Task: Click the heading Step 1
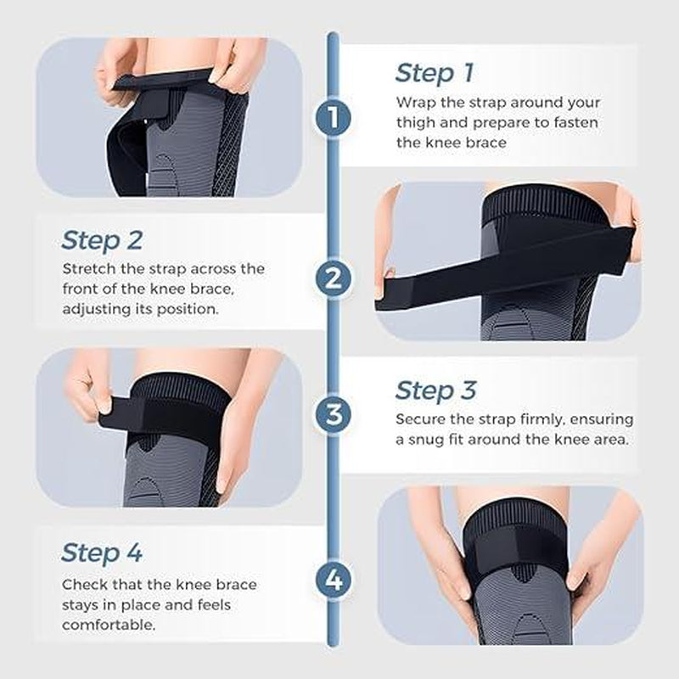[435, 73]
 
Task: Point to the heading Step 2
[102, 240]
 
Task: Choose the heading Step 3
[436, 390]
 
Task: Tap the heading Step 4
[102, 553]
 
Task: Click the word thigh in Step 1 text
[417, 122]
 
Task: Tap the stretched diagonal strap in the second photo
[509, 263]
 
